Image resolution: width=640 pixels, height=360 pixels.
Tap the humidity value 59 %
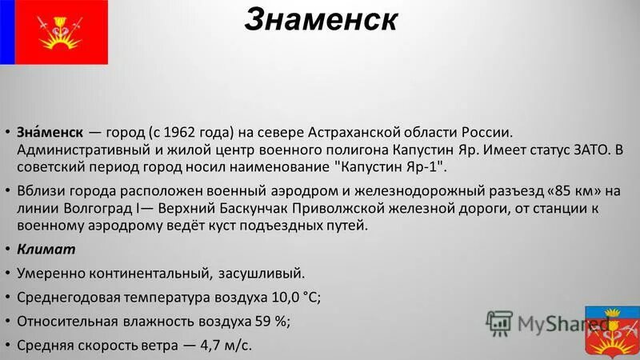[x=271, y=322]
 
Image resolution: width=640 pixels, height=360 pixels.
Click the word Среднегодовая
[x=69, y=298]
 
